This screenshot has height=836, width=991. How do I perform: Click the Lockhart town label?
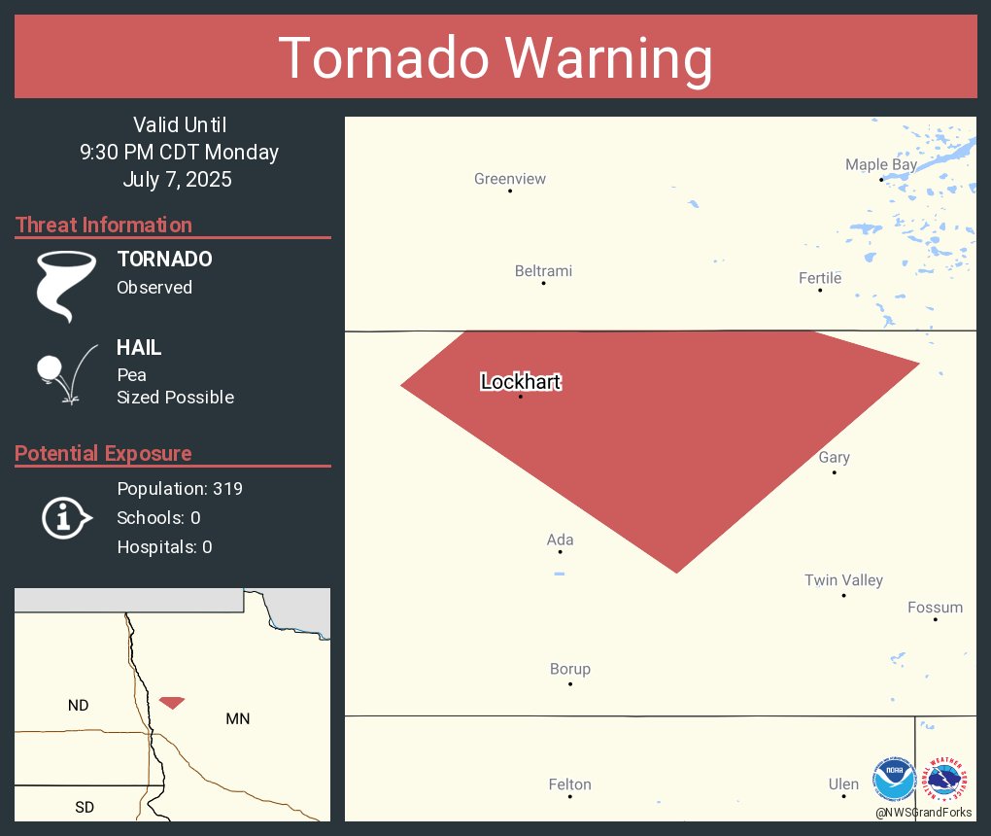pos(521,382)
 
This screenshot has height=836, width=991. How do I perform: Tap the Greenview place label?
pos(510,179)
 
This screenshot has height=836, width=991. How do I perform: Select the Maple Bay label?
pos(880,165)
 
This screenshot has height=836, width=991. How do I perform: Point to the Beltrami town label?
pos(543,271)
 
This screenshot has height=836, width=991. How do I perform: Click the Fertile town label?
pos(820,279)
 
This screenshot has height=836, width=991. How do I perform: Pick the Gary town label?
pos(834,458)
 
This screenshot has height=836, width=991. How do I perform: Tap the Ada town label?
pos(560,540)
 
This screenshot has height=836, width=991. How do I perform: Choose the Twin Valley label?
pos(843,580)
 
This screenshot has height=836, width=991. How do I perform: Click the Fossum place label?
pos(935,608)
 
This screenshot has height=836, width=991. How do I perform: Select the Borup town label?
pos(570,669)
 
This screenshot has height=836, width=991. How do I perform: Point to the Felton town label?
pos(569,784)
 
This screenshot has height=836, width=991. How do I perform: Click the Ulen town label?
pos(843,784)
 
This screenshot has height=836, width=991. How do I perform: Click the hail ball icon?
pos(50,368)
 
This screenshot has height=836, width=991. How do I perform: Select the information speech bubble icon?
pos(66,517)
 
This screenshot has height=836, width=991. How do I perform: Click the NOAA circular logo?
pos(894,780)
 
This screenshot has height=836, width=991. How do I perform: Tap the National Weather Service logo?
pos(946,780)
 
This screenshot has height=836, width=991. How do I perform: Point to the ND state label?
pos(79,705)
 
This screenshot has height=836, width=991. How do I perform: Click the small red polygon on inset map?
pos(172,702)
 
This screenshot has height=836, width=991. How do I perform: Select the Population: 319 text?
pos(180,488)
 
